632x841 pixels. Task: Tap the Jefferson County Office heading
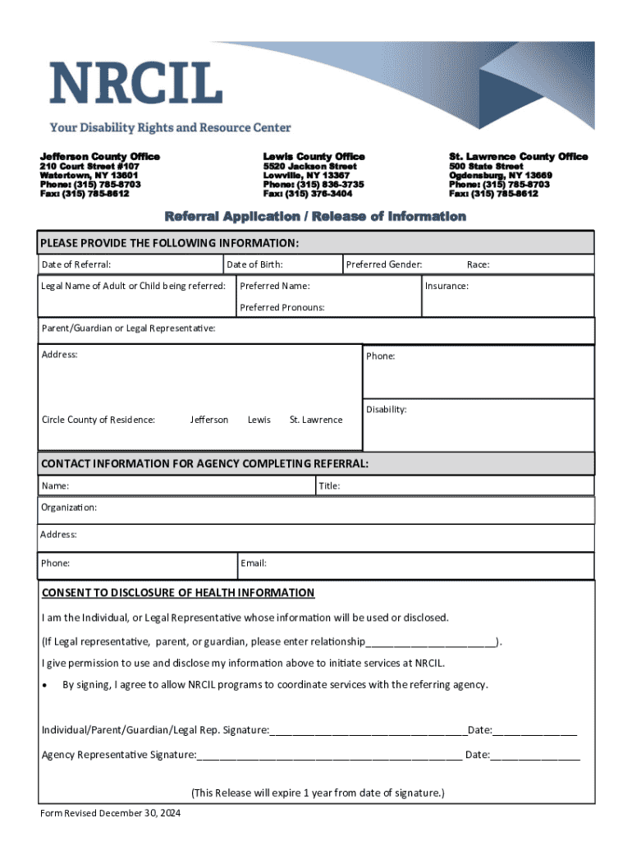coord(100,156)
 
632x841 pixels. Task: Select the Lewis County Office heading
coord(314,156)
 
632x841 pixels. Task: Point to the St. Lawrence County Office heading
coord(518,156)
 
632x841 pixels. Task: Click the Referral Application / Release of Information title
coord(315,217)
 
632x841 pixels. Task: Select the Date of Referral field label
coord(76,264)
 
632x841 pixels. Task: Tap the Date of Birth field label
coord(254,264)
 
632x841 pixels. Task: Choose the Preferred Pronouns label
coord(282,307)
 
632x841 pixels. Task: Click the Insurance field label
coord(447,286)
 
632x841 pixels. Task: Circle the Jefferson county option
coord(209,420)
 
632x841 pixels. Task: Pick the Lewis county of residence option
coord(259,420)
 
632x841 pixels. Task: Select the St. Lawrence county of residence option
coord(316,420)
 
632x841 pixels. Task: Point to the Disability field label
coord(386,409)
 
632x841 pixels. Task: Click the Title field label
coord(329,486)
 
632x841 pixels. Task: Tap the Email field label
coord(253,563)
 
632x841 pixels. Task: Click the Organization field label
coord(69,508)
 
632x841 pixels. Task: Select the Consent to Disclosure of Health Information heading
coord(177,593)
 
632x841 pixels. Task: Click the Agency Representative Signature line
coord(328,755)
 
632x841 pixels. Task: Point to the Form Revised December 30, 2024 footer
coord(111,813)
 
